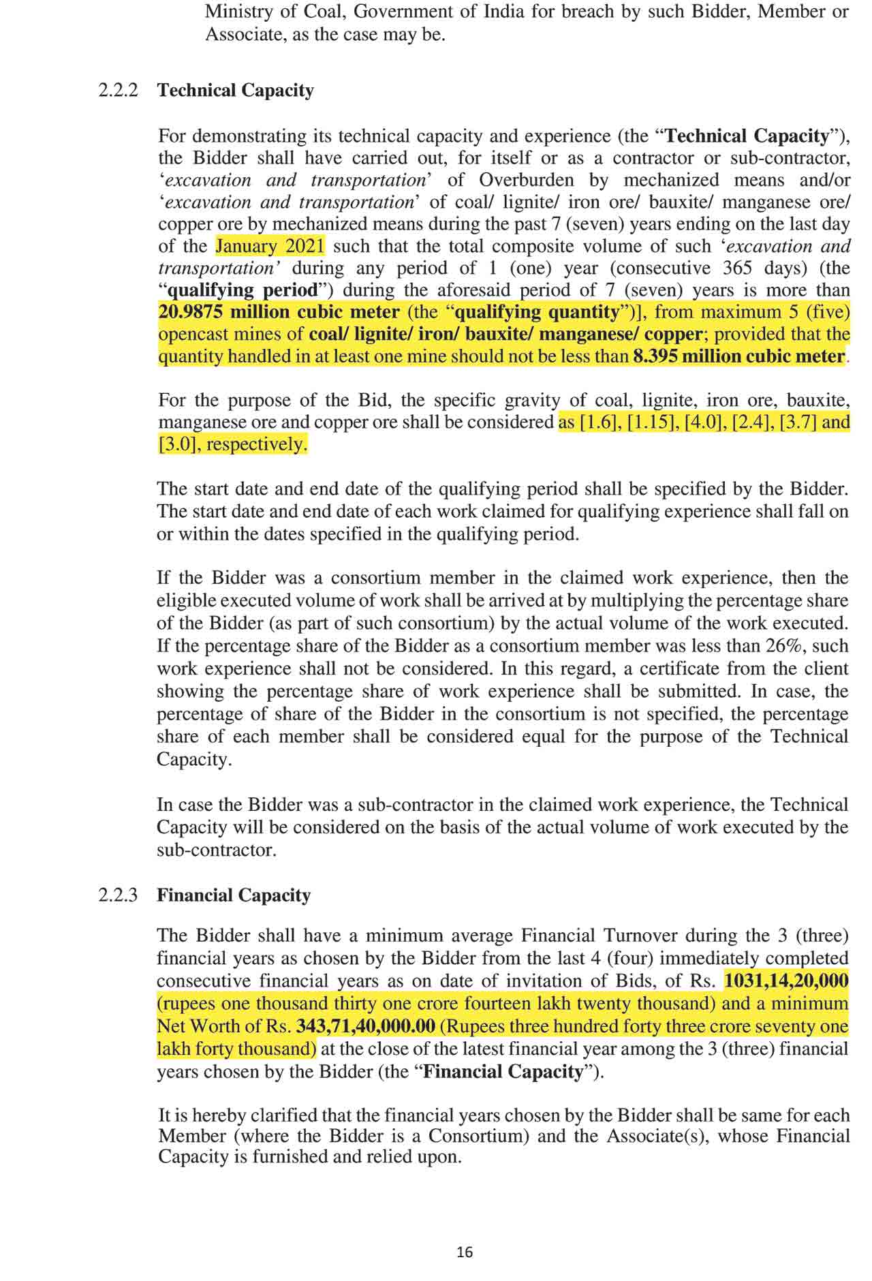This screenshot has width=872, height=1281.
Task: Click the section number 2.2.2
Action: [119, 91]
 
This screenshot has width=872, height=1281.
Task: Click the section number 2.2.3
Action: [119, 895]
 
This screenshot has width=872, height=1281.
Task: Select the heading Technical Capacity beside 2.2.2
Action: [236, 91]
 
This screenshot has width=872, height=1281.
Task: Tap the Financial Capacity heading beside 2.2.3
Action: [234, 895]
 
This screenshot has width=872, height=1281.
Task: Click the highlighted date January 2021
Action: [270, 246]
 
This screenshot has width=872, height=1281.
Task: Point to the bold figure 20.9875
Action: [191, 312]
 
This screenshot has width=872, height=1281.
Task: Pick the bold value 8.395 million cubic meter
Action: [739, 356]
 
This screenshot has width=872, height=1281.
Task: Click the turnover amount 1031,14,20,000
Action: [786, 981]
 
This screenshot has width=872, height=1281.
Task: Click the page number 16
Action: [465, 1252]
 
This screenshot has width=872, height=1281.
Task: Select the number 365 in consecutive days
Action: [738, 268]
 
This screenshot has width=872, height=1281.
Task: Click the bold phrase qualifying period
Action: [243, 290]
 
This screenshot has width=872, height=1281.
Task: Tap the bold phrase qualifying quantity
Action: [535, 312]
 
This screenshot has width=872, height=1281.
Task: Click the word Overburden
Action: [528, 180]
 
